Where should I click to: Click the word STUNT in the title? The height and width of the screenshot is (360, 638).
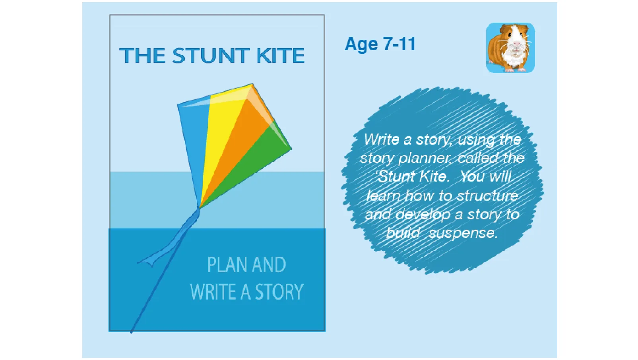pyautogui.click(x=211, y=56)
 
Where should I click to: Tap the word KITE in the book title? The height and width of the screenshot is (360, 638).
pyautogui.click(x=280, y=56)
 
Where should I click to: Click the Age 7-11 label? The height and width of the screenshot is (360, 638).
pyautogui.click(x=380, y=44)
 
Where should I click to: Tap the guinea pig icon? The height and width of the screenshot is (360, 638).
pyautogui.click(x=510, y=48)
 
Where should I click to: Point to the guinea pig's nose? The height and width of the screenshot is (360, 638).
pyautogui.click(x=516, y=43)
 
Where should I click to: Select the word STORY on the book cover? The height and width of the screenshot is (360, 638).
pyautogui.click(x=279, y=292)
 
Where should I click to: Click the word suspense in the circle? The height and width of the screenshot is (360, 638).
pyautogui.click(x=463, y=233)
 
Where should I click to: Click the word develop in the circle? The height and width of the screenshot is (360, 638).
pyautogui.click(x=423, y=215)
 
